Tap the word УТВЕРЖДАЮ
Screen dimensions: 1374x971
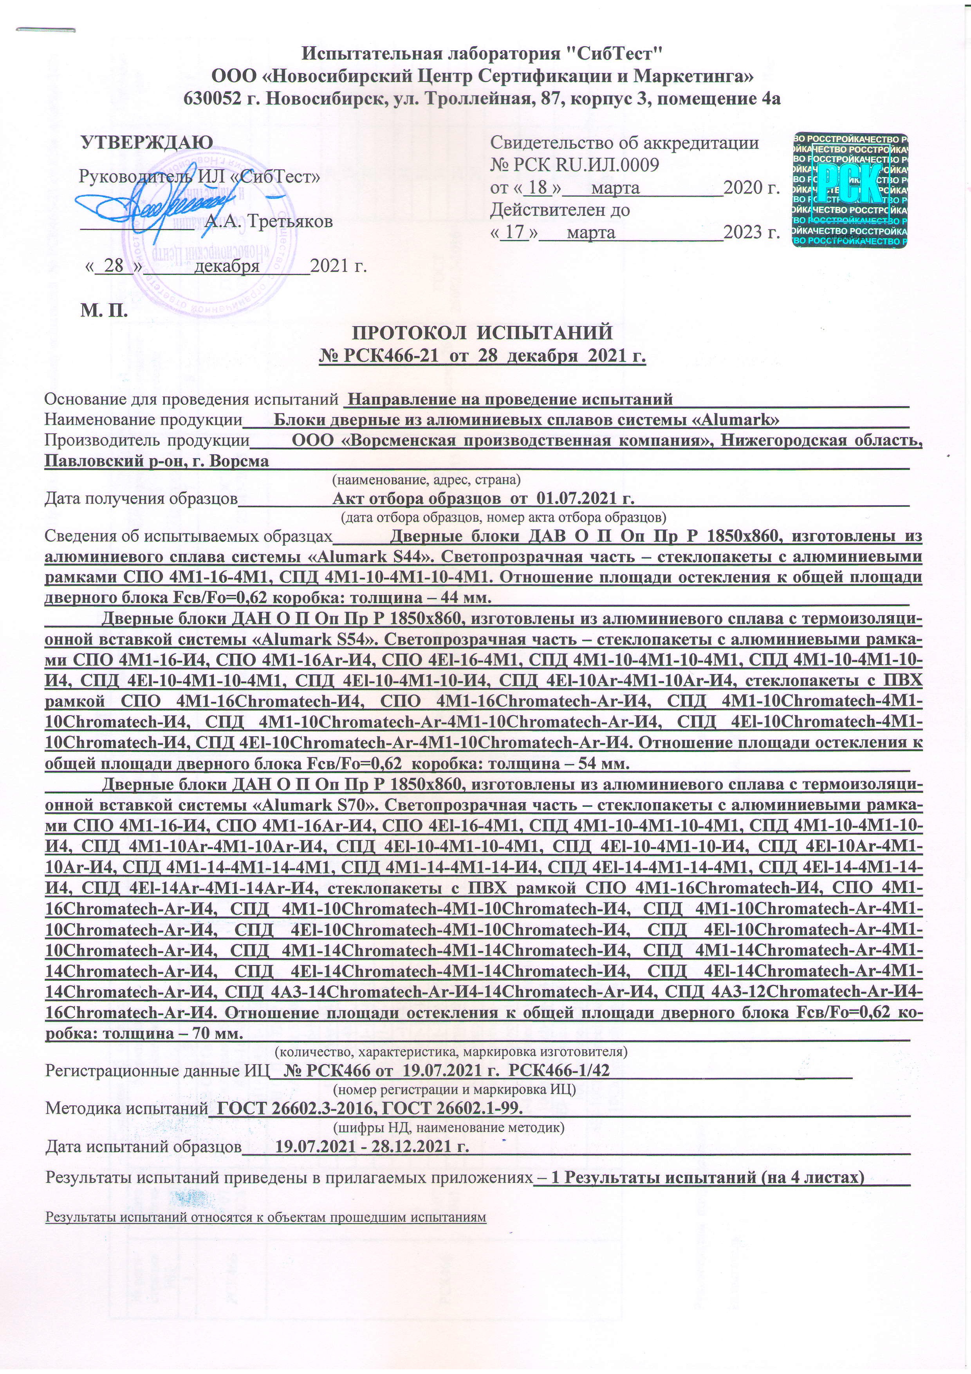146,143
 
